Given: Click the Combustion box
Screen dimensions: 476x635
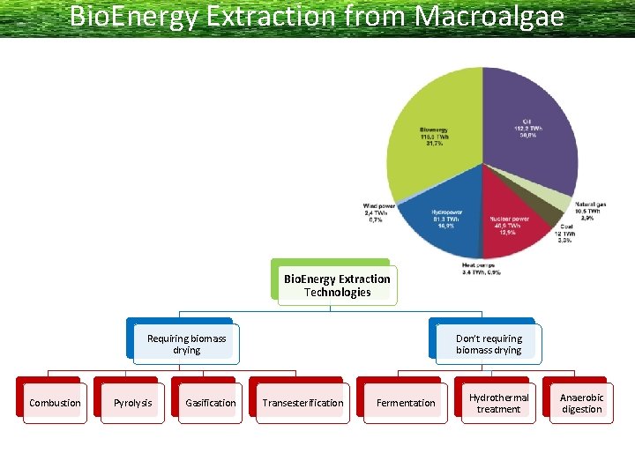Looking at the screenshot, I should pyautogui.click(x=55, y=403).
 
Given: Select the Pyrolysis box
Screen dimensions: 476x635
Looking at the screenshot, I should pyautogui.click(x=132, y=403).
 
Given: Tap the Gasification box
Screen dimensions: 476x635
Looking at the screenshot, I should pyautogui.click(x=210, y=403).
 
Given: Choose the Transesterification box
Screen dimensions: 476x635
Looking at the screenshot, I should pyautogui.click(x=303, y=403).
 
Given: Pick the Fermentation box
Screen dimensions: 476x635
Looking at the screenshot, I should pyautogui.click(x=406, y=403).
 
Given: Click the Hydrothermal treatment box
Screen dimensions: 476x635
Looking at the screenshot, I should pyautogui.click(x=498, y=403).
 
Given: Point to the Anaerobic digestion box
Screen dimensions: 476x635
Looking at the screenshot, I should pyautogui.click(x=581, y=403).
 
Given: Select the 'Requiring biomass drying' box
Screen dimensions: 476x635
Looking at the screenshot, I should pyautogui.click(x=186, y=344).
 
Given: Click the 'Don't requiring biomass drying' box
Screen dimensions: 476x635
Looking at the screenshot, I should pyautogui.click(x=489, y=344).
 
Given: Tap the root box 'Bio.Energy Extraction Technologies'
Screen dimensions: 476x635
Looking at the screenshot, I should pyautogui.click(x=337, y=286).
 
